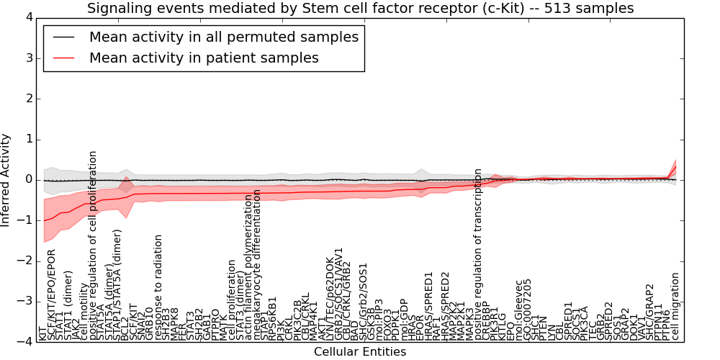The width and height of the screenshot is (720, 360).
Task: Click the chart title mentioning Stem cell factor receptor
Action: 360,9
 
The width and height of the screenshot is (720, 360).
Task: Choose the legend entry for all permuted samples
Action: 223,37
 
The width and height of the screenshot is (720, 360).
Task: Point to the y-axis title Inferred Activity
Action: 6,179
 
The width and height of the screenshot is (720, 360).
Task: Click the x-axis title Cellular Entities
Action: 360,351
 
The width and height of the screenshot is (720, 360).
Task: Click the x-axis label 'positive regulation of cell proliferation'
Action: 93,245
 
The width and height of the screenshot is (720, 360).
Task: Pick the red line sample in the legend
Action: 63,58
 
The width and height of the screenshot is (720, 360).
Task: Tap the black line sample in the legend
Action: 63,37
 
